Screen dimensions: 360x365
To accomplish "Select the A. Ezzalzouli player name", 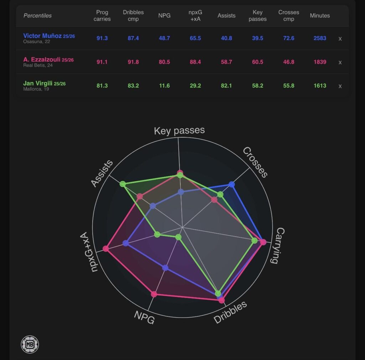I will (42, 60).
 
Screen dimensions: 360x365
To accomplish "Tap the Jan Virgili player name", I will (38, 83).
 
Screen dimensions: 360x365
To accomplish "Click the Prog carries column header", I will (102, 16).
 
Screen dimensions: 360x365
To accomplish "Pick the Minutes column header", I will (320, 16).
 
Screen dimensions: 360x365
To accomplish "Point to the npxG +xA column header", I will (195, 16).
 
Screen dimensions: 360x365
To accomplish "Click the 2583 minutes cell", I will (320, 38).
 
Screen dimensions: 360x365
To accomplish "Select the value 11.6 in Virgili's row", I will (164, 86).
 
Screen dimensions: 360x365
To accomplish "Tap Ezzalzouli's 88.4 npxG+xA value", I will (195, 62).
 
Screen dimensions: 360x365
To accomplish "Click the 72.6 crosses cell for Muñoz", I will (288, 38).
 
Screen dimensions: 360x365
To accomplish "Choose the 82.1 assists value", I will (226, 86).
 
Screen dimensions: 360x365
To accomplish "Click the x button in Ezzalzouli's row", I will (340, 62).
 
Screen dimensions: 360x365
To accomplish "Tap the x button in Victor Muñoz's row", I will (340, 39).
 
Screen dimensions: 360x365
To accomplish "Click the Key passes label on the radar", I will (179, 131).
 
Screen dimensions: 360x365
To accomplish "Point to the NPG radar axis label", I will (144, 317).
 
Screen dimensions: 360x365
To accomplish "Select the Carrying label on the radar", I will (277, 245).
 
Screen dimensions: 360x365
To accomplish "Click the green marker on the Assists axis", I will (123, 184).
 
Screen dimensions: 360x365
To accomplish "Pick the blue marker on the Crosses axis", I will (232, 184).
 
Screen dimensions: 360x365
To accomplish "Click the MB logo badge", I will (30, 344).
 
